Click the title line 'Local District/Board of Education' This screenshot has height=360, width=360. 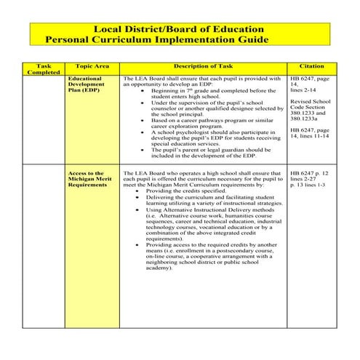[x=180, y=28]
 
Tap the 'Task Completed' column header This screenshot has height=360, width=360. [x=44, y=69]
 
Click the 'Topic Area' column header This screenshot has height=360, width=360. [x=92, y=66]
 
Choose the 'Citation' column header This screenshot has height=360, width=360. [x=312, y=66]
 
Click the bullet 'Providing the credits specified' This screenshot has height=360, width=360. [x=185, y=191]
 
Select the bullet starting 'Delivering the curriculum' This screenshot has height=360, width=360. [x=211, y=200]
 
